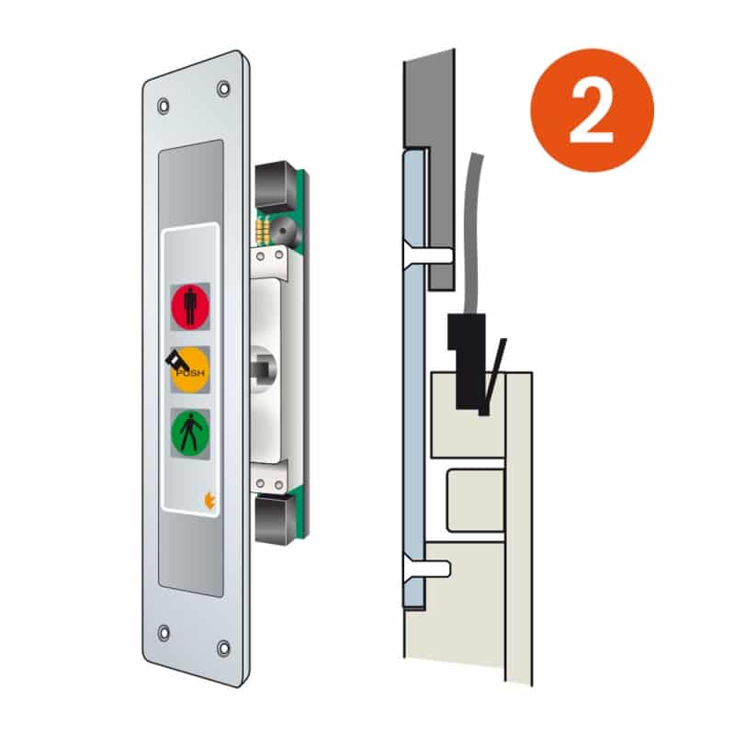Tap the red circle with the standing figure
point(190,307)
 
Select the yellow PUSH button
point(190,370)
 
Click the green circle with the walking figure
point(190,433)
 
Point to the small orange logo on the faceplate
point(209,501)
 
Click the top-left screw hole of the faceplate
point(164,106)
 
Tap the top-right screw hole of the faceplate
point(223,88)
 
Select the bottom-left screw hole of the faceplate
point(164,633)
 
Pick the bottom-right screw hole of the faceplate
point(223,649)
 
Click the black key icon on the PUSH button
point(176,360)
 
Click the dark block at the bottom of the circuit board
point(275,519)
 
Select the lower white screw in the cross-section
point(427,569)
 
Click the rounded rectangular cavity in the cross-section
point(475,500)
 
